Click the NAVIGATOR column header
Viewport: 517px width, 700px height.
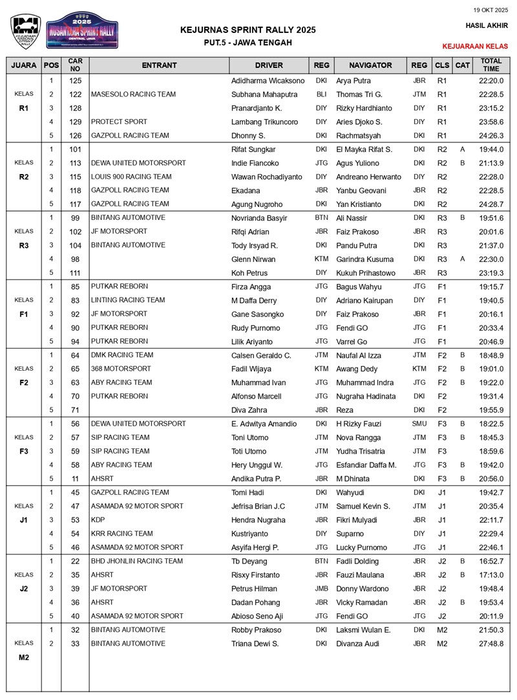370,65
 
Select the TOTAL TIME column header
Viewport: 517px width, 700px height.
491,65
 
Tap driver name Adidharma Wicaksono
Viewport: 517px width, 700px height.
268,81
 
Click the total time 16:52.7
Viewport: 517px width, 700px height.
491,562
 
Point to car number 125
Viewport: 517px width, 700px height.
75,81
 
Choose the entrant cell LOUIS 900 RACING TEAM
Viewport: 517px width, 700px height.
131,177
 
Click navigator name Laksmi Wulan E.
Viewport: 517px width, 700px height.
363,630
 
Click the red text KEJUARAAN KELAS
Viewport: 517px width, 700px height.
475,47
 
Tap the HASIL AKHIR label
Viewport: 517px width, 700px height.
487,26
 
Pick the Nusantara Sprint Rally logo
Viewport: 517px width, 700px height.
82,30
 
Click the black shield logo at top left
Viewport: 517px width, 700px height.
26,31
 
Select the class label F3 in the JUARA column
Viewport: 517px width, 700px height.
24,451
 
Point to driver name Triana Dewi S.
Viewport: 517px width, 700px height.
255,644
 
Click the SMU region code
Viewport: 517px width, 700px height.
419,424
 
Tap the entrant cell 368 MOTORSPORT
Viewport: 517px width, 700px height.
121,369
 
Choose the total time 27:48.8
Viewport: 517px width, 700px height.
491,644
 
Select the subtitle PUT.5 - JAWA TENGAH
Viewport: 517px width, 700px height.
248,43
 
